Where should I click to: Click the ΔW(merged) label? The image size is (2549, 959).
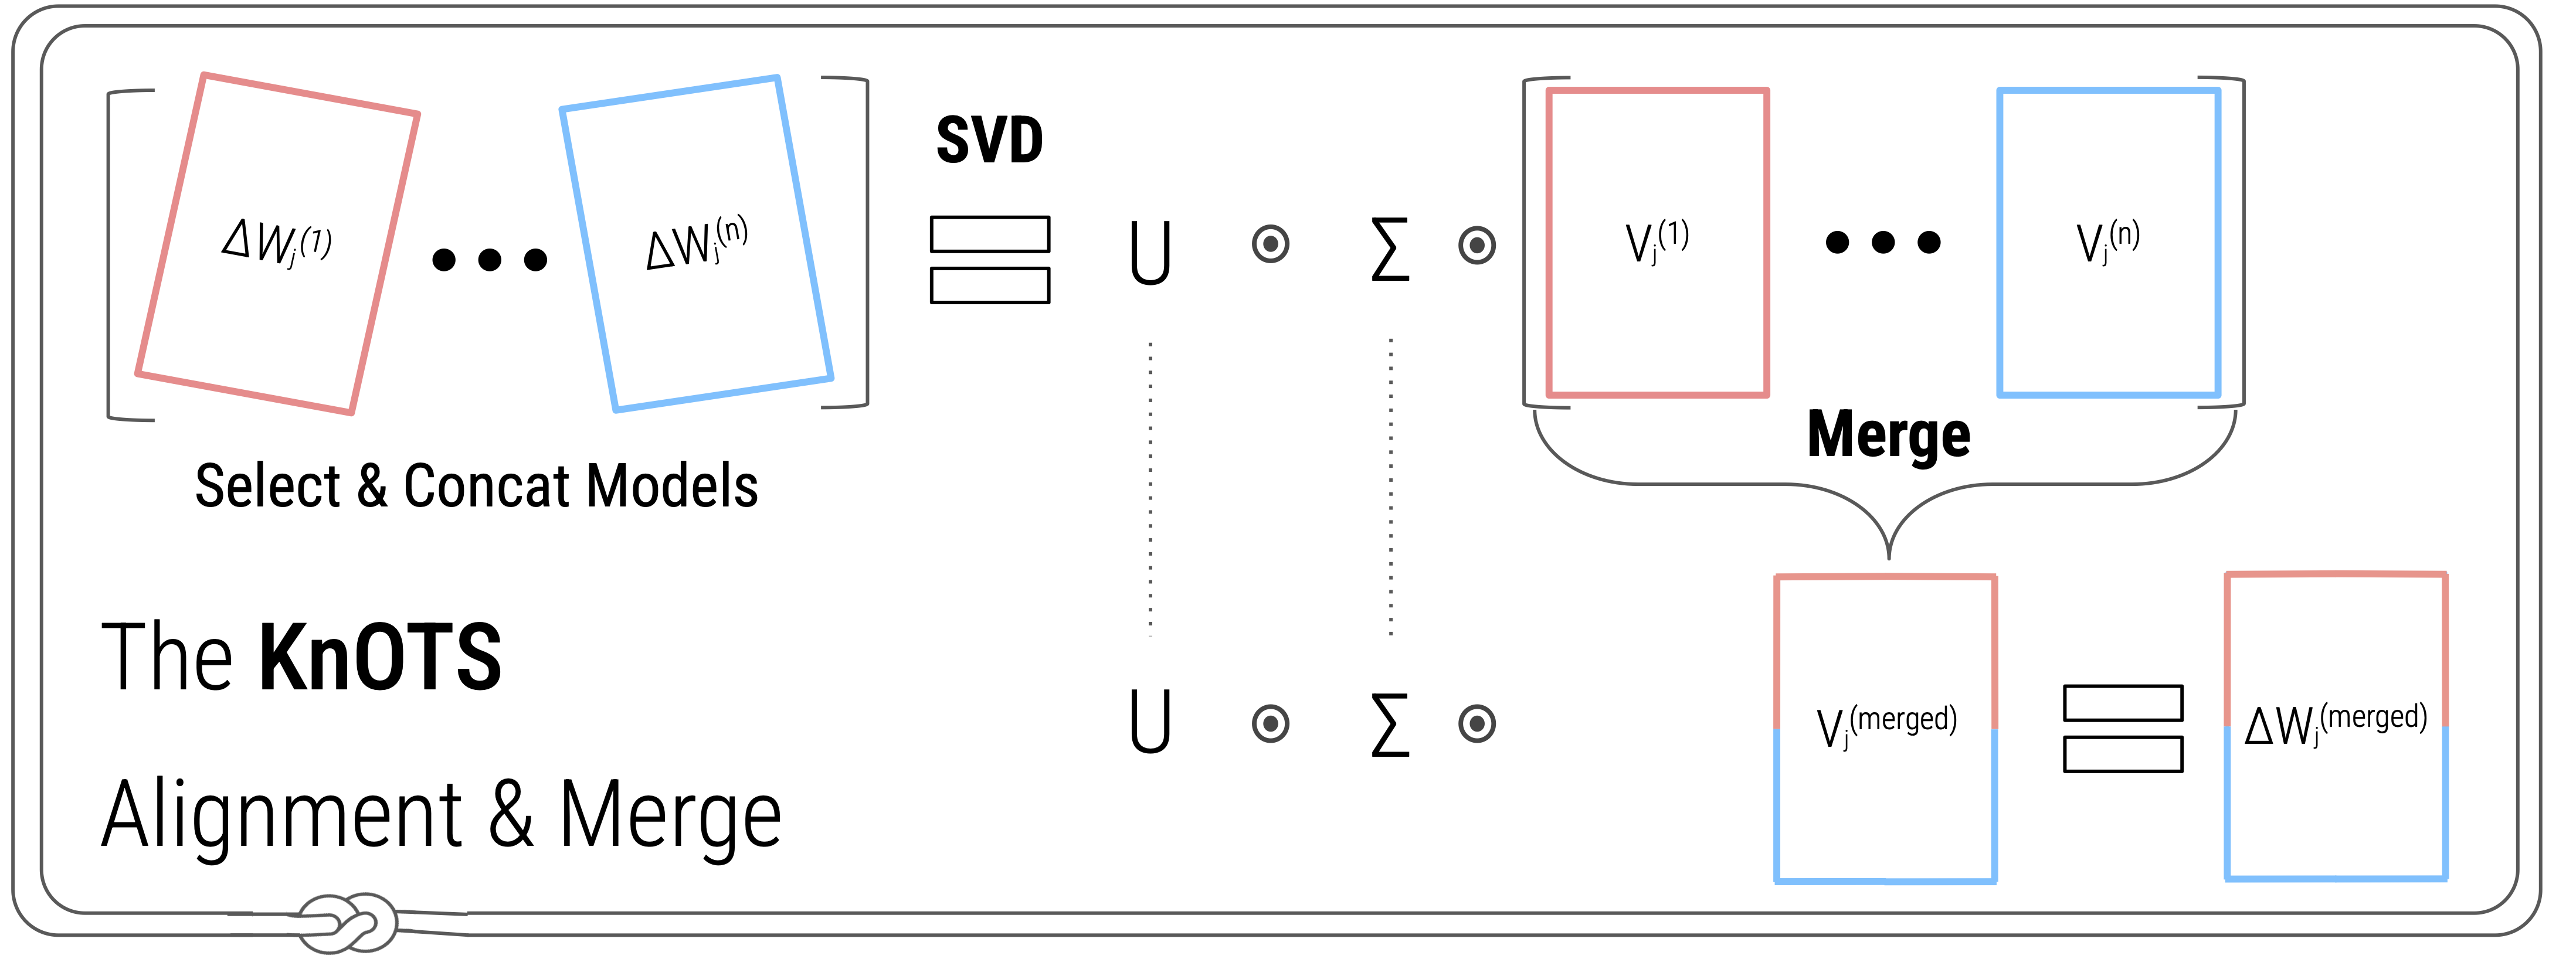click(x=2335, y=723)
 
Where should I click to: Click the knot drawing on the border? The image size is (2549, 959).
click(x=347, y=923)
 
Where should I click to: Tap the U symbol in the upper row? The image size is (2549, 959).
click(x=1150, y=253)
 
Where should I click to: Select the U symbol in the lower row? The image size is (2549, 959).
click(x=1150, y=722)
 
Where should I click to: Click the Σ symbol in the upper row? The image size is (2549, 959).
click(x=1390, y=250)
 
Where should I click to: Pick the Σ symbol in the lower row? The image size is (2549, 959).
click(x=1390, y=725)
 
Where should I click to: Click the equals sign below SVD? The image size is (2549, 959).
click(x=990, y=259)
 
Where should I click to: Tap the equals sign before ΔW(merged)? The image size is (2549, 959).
click(x=2123, y=729)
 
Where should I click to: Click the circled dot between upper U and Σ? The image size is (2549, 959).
click(x=1271, y=244)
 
